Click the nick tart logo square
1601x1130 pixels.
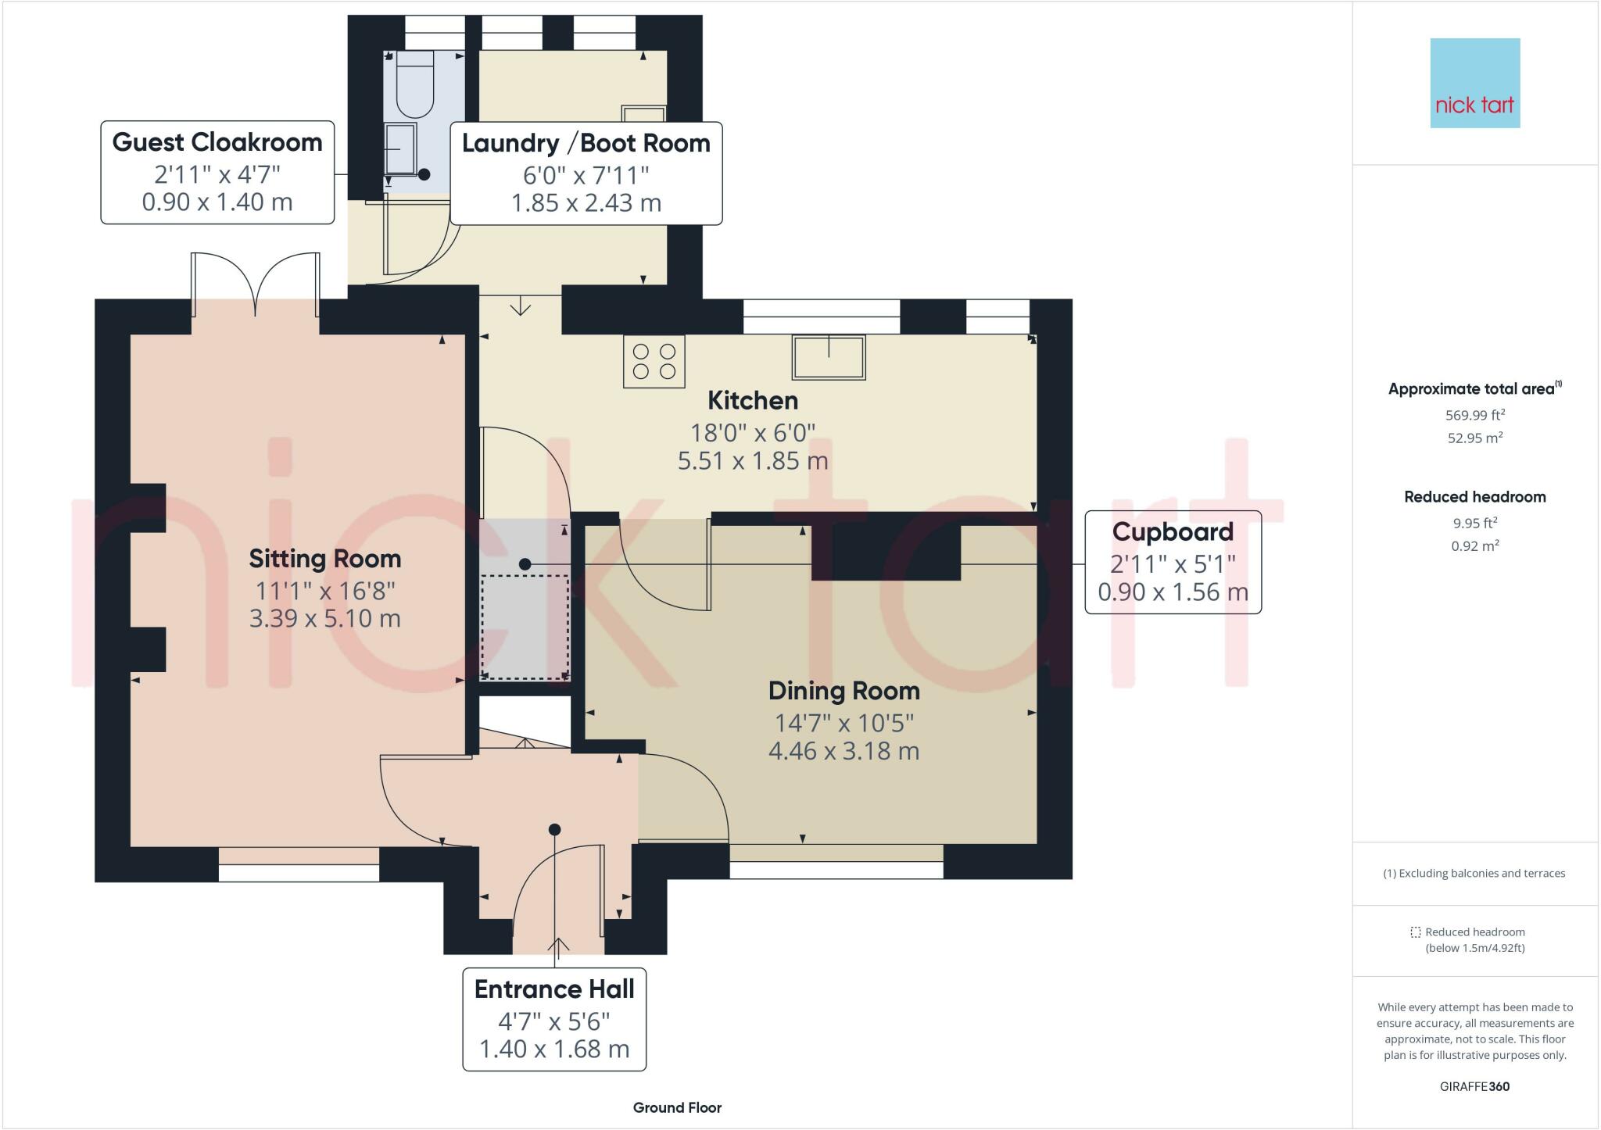(x=1475, y=83)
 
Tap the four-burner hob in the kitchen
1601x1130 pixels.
(x=654, y=362)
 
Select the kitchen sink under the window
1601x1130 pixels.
(x=829, y=357)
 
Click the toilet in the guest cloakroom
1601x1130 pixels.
(x=414, y=84)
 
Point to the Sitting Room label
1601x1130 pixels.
(x=325, y=559)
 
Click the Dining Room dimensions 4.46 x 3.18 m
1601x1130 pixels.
(x=844, y=751)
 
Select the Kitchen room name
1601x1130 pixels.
(x=753, y=401)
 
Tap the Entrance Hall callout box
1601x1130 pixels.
(x=554, y=1019)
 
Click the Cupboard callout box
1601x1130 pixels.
(x=1173, y=562)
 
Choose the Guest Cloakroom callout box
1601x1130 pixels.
(x=217, y=172)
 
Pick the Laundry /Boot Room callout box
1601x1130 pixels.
(x=586, y=173)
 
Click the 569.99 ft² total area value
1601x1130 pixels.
(x=1475, y=415)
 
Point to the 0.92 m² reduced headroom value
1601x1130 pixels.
(x=1475, y=545)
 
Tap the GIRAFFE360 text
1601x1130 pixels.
(x=1474, y=1086)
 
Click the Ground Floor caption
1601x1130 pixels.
(x=677, y=1107)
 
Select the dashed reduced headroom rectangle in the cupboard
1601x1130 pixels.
(x=525, y=628)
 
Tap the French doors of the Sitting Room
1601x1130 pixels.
(x=256, y=284)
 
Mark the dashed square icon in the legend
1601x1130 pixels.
(x=1415, y=932)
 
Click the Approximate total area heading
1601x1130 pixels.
(x=1475, y=388)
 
